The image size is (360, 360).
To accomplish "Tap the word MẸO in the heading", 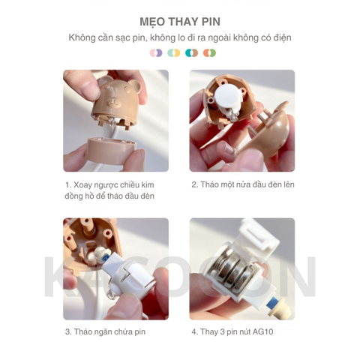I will click(154, 20).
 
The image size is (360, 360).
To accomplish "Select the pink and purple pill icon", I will click(156, 53).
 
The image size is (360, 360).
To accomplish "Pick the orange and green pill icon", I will click(210, 53).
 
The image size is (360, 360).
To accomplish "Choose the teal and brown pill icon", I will click(192, 53).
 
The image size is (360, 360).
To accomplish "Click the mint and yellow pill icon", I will click(174, 53).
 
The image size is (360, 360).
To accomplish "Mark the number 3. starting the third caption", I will click(68, 331).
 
